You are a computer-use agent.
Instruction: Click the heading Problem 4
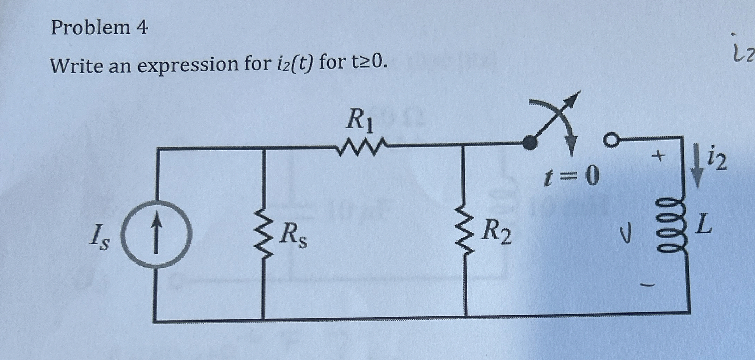tap(99, 28)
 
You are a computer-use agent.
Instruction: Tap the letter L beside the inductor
tap(702, 225)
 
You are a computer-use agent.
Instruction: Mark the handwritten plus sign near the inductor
tap(659, 156)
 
